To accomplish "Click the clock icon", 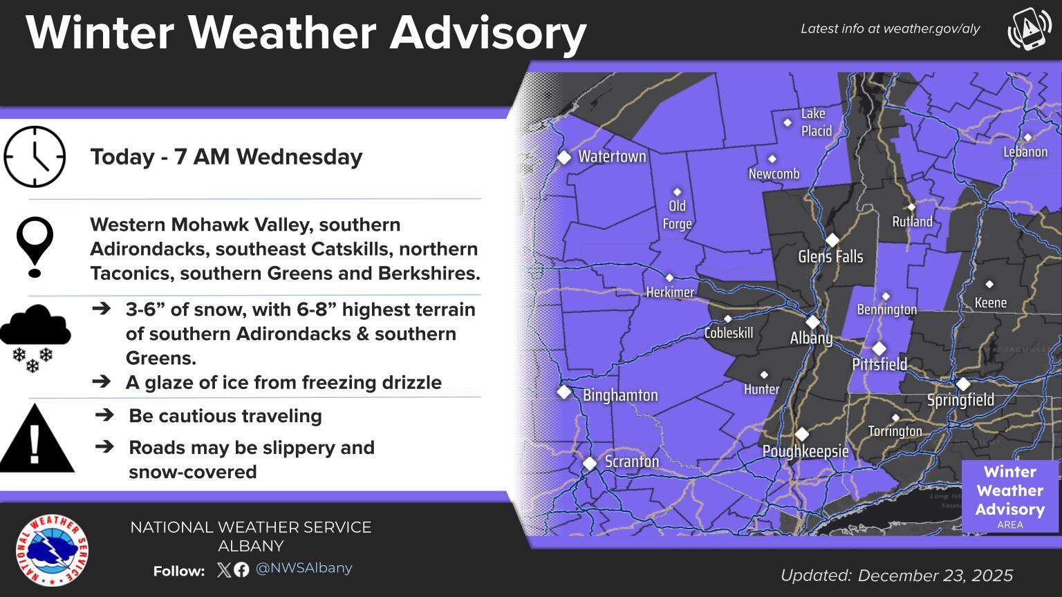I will pos(35,157).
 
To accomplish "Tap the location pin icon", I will pos(35,246).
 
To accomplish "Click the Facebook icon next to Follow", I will pos(241,570).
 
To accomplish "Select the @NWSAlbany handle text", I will pos(304,568).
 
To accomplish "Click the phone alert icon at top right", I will pos(1029,29).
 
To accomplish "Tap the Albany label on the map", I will pos(811,338).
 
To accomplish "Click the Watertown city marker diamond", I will pos(564,158).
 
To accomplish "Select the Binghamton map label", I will pos(620,395).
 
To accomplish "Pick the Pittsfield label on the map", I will pos(879,364).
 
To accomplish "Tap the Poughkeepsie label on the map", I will pos(805,451).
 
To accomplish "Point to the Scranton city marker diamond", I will pos(589,464).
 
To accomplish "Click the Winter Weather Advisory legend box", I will pos(1009,496).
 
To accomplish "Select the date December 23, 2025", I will pos(935,576).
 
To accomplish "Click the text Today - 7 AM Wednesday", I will pos(226,157).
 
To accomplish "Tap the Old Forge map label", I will pos(677,215).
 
